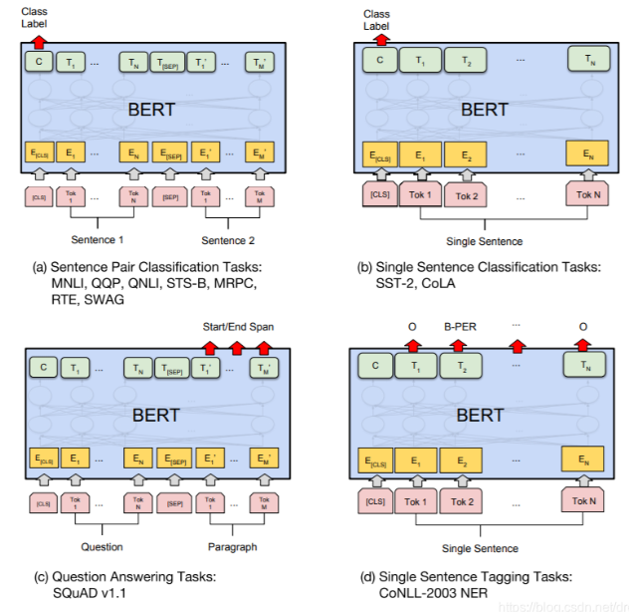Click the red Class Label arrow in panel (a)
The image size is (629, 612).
point(39,39)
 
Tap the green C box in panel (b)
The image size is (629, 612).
point(379,60)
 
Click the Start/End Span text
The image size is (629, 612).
point(238,325)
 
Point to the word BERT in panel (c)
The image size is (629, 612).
point(156,415)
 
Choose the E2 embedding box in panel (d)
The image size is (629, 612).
point(462,460)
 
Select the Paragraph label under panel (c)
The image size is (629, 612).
point(232,546)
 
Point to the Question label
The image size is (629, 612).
point(103,546)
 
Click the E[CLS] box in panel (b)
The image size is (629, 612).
point(379,154)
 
